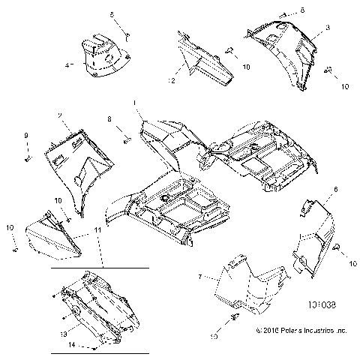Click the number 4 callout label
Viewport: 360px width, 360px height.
click(67, 66)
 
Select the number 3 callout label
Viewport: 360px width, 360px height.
click(328, 27)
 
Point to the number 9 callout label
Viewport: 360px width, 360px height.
click(25, 135)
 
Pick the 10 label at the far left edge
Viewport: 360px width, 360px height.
click(10, 227)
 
